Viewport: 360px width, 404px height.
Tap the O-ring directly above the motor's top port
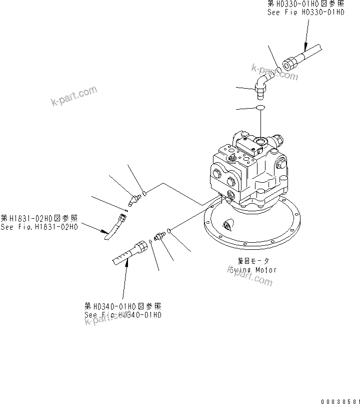click(260, 108)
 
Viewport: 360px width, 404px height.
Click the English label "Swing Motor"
click(253, 269)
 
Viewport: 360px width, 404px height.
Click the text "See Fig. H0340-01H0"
click(122, 315)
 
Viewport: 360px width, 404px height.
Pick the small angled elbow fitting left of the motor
click(133, 200)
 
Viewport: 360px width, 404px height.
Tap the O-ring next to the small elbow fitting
click(144, 191)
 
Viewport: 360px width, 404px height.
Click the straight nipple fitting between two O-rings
click(160, 236)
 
